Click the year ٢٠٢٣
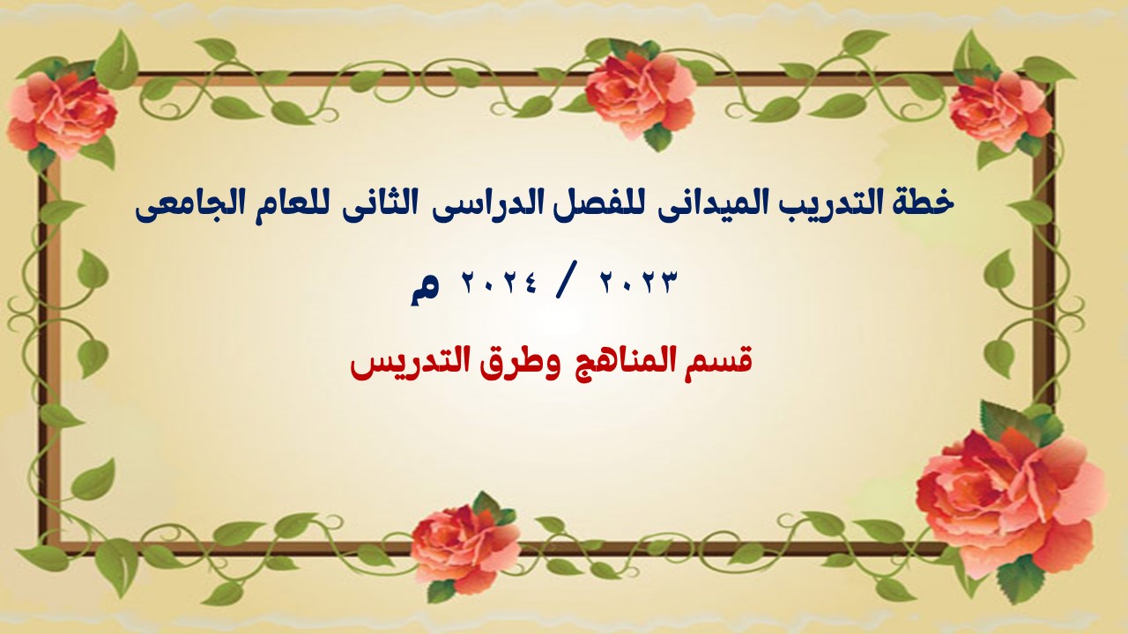click(636, 283)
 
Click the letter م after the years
click(425, 290)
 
